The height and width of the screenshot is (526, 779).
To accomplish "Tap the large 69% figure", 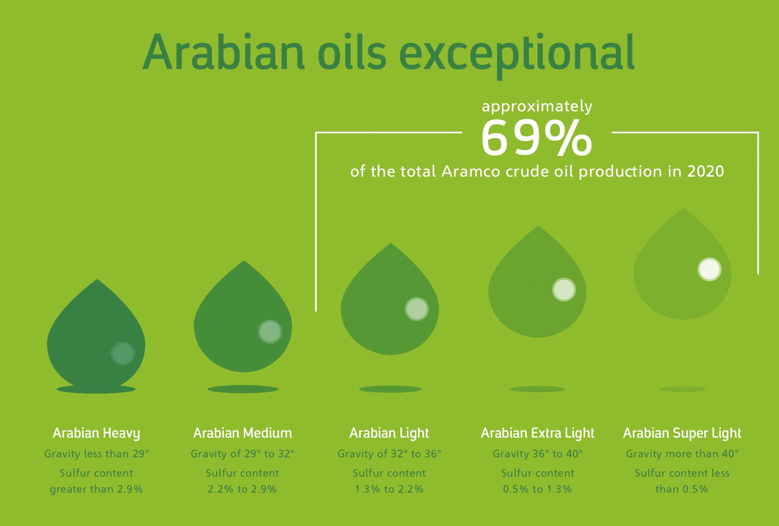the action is click(x=537, y=138).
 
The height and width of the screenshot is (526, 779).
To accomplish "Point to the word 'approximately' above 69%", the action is click(x=537, y=106).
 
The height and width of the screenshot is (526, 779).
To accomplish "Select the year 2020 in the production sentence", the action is click(x=706, y=171).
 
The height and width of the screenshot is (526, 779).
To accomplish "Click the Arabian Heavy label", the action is click(x=96, y=433).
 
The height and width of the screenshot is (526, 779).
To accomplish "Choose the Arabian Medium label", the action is click(x=243, y=433).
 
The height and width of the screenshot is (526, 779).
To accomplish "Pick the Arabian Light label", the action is click(x=389, y=433).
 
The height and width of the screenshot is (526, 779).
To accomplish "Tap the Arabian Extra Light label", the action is click(x=538, y=433).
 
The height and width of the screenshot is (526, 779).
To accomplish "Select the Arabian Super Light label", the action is click(x=682, y=433).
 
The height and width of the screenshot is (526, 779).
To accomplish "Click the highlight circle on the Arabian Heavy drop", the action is click(x=123, y=354).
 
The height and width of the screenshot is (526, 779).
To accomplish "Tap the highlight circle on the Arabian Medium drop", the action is click(x=270, y=332).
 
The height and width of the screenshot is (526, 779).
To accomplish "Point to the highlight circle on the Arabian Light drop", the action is click(x=417, y=309).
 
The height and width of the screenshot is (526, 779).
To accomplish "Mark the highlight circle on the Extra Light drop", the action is click(x=564, y=290).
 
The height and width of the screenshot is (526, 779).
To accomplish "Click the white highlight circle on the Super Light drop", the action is click(x=710, y=269).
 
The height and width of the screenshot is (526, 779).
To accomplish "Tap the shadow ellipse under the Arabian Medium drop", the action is click(x=243, y=389).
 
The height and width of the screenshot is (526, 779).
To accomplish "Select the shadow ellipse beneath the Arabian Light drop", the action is click(x=391, y=389).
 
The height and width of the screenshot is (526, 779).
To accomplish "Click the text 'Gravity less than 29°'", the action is click(x=96, y=454).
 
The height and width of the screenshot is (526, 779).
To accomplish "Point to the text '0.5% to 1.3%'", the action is click(x=537, y=489).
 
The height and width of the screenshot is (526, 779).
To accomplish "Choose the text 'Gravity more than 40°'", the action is click(x=683, y=454).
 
